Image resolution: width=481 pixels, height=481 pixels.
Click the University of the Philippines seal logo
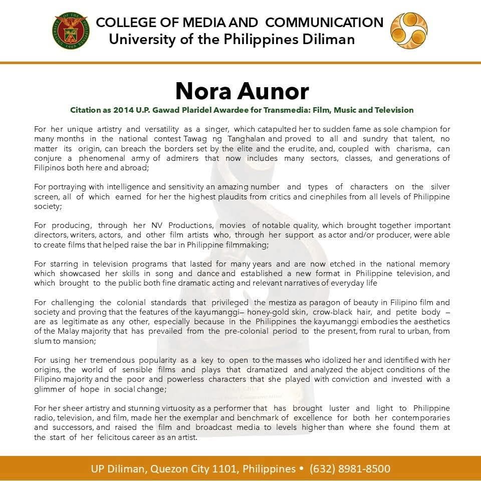click(70, 31)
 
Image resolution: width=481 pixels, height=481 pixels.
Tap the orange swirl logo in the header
click(409, 31)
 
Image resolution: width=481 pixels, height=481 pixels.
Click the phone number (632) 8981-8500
click(350, 469)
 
